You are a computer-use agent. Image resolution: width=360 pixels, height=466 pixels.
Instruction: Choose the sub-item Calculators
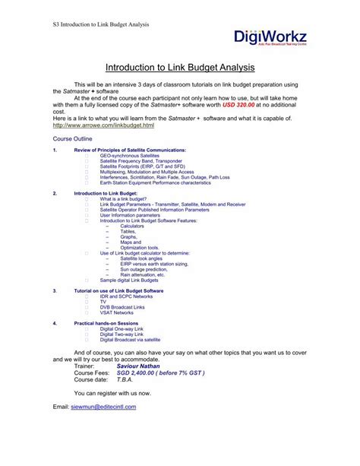point(132,226)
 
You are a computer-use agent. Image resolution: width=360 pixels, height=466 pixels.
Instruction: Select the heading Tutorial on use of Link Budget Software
point(118,291)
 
